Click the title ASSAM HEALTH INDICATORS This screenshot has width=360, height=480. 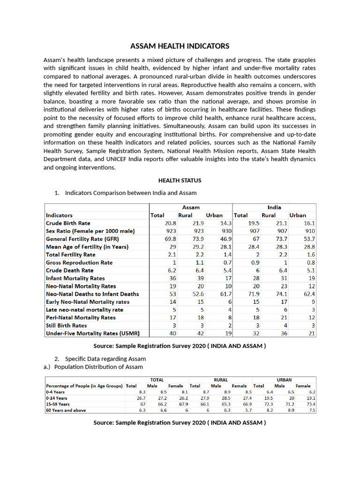pos(180,46)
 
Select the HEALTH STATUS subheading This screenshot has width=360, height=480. pos(180,180)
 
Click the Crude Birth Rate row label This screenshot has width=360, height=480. pos(68,224)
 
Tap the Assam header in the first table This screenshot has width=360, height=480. pos(191,207)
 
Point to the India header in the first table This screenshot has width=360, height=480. pos(274,207)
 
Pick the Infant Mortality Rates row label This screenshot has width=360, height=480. pos(75,278)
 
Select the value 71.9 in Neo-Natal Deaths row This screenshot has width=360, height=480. pos(253,294)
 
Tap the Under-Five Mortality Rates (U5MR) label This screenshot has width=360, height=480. pos(92,333)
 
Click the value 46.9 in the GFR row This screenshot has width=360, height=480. pos(225,239)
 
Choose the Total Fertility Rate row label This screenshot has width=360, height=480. pos(70,255)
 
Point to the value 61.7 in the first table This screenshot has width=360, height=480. pos(225,294)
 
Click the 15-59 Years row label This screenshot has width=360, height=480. pos(58,404)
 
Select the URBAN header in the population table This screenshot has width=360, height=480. pos(284,380)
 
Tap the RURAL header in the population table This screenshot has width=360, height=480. pos(220,380)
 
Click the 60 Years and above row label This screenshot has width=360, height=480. pos(65,410)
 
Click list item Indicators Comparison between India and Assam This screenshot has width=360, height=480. pos(131,193)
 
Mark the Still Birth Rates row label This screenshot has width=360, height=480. pos(66,325)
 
